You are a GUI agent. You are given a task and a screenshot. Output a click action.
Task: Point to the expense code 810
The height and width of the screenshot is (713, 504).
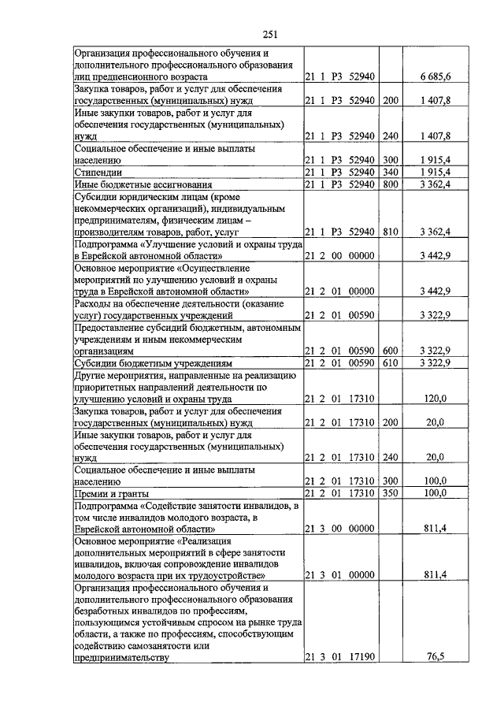point(390,232)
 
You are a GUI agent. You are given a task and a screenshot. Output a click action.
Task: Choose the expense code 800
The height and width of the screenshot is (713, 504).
point(390,184)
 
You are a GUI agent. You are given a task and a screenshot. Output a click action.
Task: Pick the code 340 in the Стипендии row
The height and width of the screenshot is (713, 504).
point(390,171)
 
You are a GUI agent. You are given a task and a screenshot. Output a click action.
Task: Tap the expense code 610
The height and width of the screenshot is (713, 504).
point(390,362)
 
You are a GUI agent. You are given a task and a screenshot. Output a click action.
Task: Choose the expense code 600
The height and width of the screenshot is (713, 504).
point(390,350)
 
